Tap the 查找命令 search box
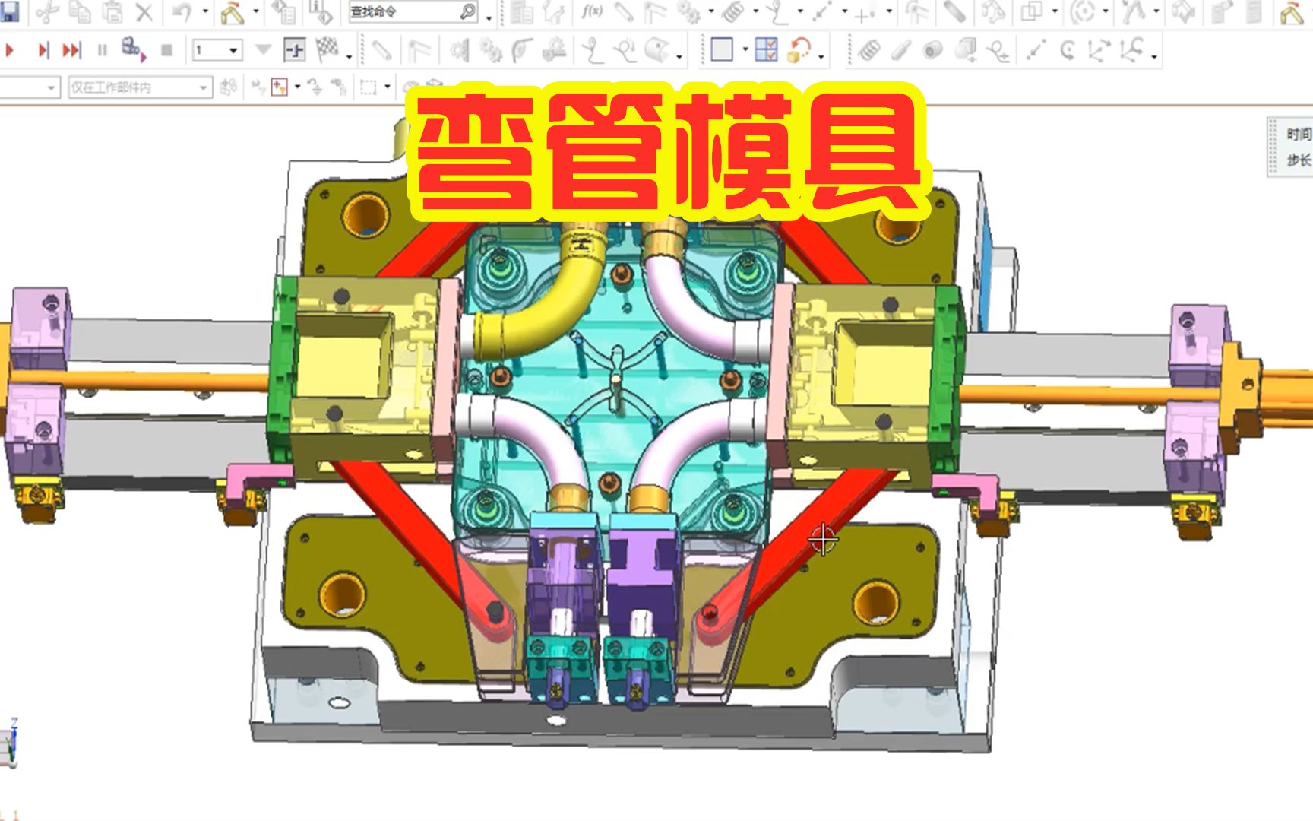pyautogui.click(x=403, y=11)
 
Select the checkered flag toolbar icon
pyautogui.click(x=327, y=49)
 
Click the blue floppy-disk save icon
pyautogui.click(x=9, y=11)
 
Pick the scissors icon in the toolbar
pyautogui.click(x=47, y=11)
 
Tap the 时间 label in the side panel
pyautogui.click(x=1299, y=135)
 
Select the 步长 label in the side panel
pyautogui.click(x=1299, y=160)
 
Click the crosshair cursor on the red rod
pyautogui.click(x=823, y=539)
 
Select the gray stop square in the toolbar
pyautogui.click(x=166, y=50)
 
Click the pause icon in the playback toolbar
pyautogui.click(x=102, y=50)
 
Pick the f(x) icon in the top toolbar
pyautogui.click(x=591, y=11)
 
